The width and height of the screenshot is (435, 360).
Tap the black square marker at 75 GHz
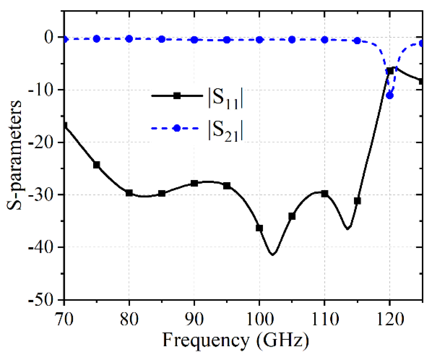(97, 165)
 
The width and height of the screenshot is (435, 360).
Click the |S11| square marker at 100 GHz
(259, 228)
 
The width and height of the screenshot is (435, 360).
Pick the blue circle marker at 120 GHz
(389, 95)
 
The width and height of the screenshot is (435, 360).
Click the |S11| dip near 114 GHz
(348, 228)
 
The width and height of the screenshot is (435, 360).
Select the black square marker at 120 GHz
(390, 71)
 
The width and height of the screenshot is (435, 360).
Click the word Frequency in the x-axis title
(205, 341)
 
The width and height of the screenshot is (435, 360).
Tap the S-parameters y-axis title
(14, 155)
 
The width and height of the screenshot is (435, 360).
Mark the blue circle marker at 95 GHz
(227, 40)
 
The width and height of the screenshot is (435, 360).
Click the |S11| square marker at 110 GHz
(325, 193)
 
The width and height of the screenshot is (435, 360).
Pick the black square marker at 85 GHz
(162, 193)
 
